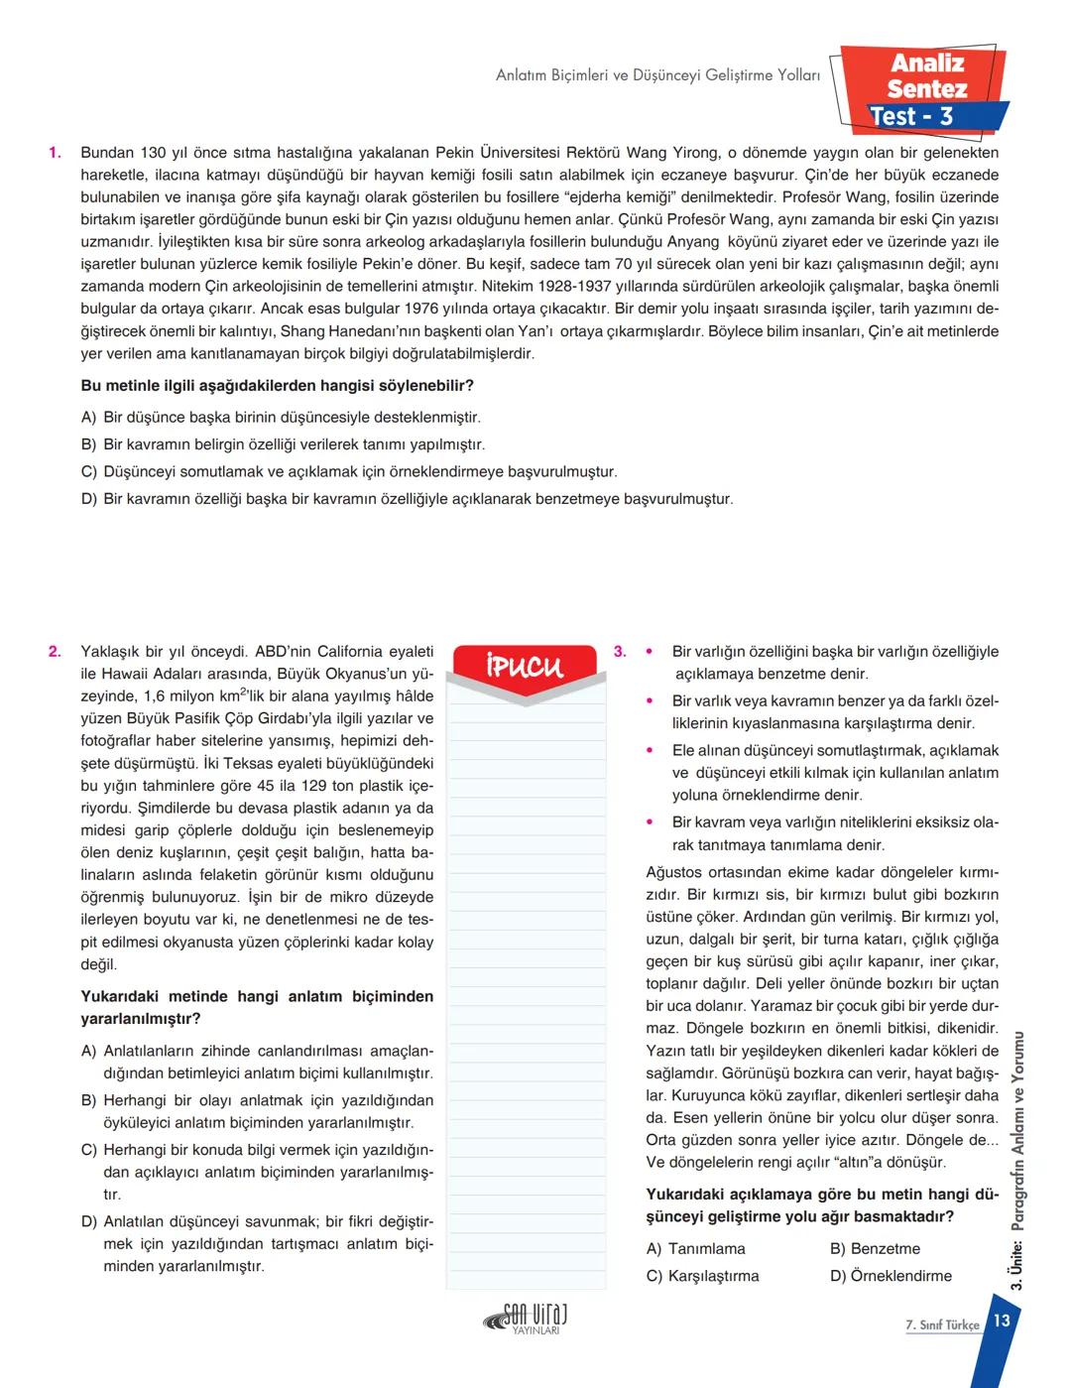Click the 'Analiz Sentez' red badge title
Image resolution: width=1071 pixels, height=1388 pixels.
pyautogui.click(x=926, y=75)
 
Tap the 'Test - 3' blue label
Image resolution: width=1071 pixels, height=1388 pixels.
pyautogui.click(x=910, y=117)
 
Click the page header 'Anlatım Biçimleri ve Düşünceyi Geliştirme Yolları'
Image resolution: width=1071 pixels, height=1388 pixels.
pyautogui.click(x=657, y=75)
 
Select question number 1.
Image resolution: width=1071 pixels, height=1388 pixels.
pyautogui.click(x=55, y=153)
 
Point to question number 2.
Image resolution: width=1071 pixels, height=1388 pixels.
pyautogui.click(x=55, y=652)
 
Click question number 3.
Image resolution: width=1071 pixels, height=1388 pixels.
pyautogui.click(x=620, y=652)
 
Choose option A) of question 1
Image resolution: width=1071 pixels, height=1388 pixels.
pyautogui.click(x=281, y=418)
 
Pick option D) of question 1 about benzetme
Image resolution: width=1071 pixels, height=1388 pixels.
pyautogui.click(x=407, y=499)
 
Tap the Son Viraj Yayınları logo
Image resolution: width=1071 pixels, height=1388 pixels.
pyautogui.click(x=526, y=1321)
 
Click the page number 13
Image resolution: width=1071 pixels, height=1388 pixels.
pyautogui.click(x=1001, y=1321)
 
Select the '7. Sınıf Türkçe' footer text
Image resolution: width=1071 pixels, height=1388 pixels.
pyautogui.click(x=942, y=1325)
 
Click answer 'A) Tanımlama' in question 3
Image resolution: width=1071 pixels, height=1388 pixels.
pyautogui.click(x=695, y=1249)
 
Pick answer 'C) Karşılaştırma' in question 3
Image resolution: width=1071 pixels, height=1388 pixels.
pyautogui.click(x=702, y=1276)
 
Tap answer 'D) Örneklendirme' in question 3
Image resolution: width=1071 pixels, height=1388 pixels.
pyautogui.click(x=891, y=1276)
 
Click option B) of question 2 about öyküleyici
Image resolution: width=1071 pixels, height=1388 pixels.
pyautogui.click(x=258, y=1111)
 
